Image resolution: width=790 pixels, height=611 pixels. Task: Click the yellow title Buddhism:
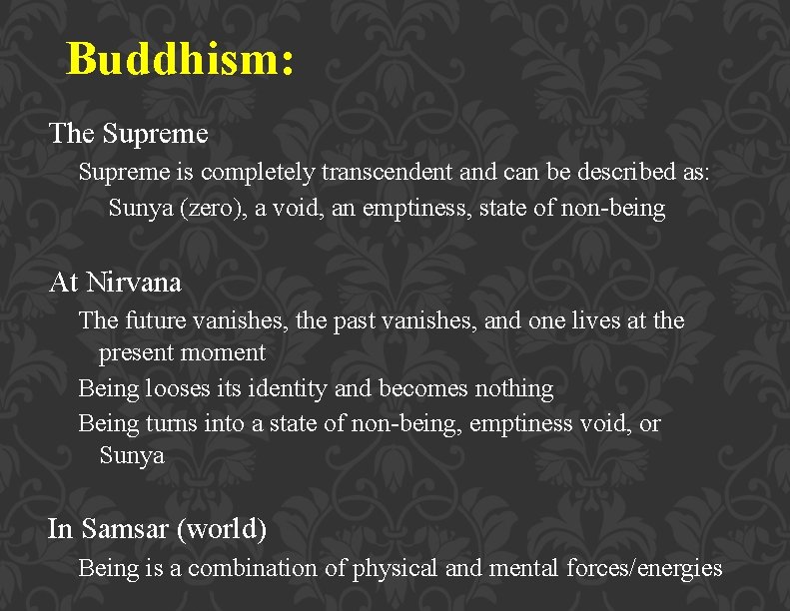[180, 59]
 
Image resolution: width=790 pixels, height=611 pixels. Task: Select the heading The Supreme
[129, 133]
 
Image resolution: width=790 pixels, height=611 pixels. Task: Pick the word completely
[258, 173]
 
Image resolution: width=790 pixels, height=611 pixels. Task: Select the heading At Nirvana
[116, 283]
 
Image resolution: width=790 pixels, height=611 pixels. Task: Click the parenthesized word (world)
[221, 528]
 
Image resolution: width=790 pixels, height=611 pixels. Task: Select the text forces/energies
[646, 568]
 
